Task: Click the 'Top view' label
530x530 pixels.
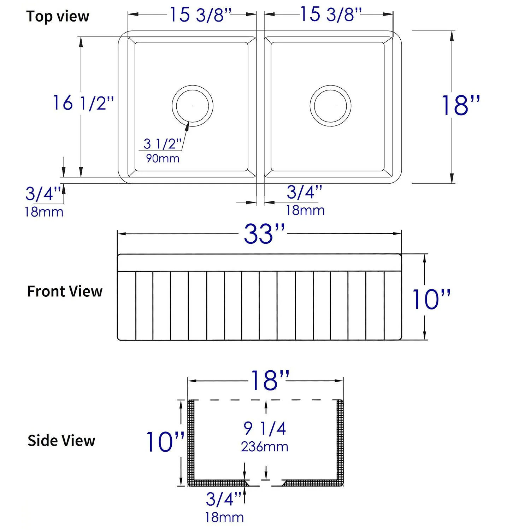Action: [58, 17]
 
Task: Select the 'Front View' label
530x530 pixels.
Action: [65, 291]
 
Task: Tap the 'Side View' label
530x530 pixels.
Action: [61, 441]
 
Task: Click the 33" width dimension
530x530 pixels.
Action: [264, 234]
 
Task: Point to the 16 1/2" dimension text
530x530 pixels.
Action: [83, 103]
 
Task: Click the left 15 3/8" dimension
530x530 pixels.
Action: [200, 15]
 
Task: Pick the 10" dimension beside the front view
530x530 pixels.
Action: [431, 299]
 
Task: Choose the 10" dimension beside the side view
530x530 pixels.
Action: [165, 442]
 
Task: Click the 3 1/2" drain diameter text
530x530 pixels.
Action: [163, 144]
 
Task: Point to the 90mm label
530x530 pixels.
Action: [163, 158]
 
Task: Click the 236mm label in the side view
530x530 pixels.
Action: [265, 447]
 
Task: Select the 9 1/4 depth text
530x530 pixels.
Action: [265, 428]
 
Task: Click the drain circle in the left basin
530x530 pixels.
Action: [193, 106]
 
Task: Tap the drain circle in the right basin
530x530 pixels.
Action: [330, 106]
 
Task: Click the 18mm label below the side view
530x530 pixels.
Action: [224, 518]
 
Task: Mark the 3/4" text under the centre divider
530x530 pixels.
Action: [304, 192]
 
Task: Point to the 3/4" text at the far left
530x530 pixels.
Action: [44, 194]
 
